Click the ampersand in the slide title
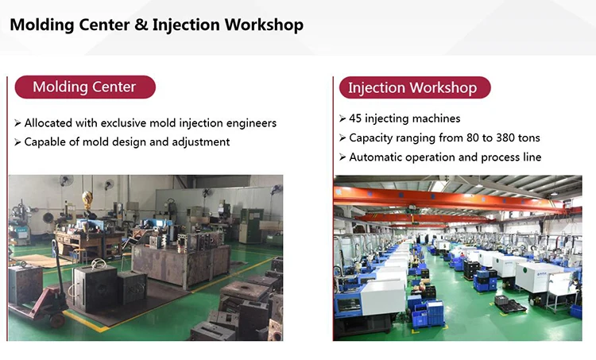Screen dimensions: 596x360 pos(141,25)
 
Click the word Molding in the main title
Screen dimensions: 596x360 pos(42,25)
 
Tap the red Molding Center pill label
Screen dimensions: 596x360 pos(85,87)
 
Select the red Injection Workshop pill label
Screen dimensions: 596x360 pos(415,87)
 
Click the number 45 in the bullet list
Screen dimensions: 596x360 pos(355,118)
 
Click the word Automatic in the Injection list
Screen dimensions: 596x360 pos(375,157)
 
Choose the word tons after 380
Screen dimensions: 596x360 pos(529,138)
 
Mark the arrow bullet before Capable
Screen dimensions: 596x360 pos(17,142)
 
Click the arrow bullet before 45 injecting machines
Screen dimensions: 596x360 pos(342,118)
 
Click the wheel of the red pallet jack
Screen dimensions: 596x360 pos(57,320)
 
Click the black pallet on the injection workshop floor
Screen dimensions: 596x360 pos(510,304)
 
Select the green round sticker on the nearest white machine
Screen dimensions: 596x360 pos(525,271)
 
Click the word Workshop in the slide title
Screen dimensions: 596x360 pos(264,25)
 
